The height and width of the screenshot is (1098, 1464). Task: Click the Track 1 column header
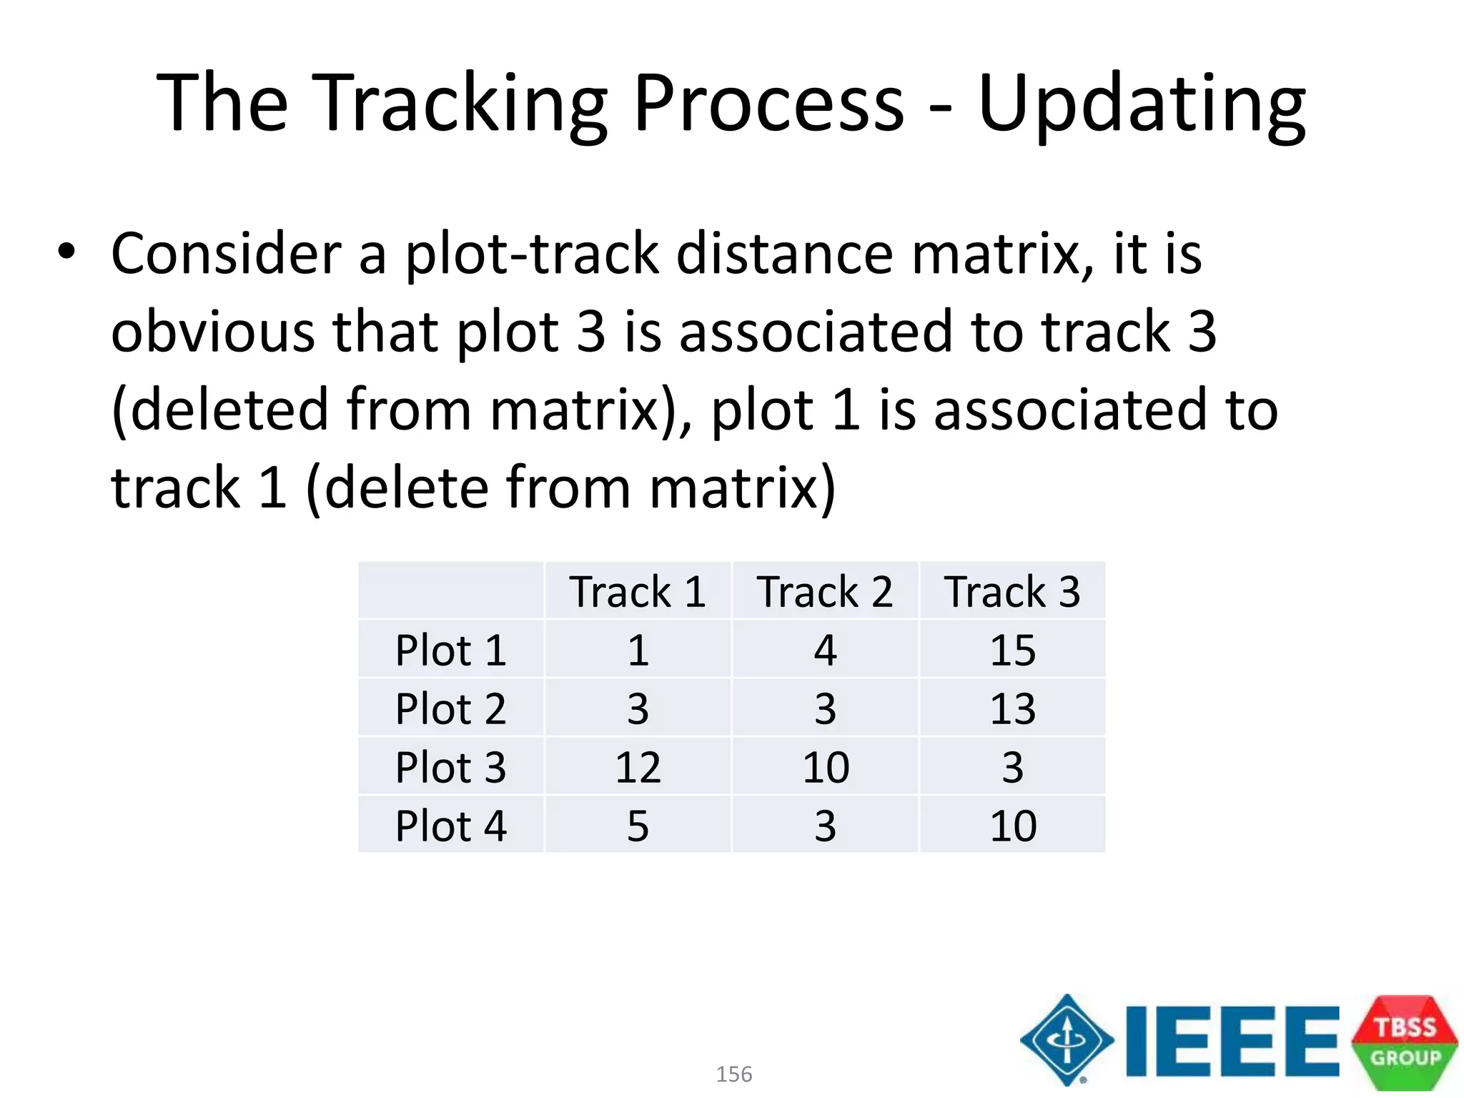[x=638, y=592]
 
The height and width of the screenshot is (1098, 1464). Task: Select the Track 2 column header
[x=825, y=592]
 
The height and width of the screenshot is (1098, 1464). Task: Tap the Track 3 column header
[x=1012, y=592]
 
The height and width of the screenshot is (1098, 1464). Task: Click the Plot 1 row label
[x=451, y=651]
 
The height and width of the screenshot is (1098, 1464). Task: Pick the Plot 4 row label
[x=451, y=826]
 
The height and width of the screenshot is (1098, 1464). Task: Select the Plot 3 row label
[x=451, y=768]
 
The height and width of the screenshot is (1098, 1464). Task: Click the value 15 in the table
[x=1012, y=651]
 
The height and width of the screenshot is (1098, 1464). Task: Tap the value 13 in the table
[x=1012, y=709]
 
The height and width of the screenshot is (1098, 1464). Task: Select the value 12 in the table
[x=638, y=768]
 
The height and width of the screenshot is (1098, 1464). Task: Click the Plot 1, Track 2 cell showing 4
[x=825, y=651]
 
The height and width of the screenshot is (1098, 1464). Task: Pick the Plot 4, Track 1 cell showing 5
[x=638, y=826]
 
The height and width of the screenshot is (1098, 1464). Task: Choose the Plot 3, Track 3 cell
[x=1012, y=768]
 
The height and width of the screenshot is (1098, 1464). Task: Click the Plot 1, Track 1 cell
[x=638, y=651]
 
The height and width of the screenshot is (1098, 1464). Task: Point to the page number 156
[x=734, y=1074]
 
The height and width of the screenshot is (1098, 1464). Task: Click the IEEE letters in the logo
[x=1231, y=1041]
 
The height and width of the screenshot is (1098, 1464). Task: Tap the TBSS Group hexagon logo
[x=1405, y=1042]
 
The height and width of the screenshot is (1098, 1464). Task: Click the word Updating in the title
[x=1142, y=104]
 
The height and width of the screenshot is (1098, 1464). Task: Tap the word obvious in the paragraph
[x=213, y=332]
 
